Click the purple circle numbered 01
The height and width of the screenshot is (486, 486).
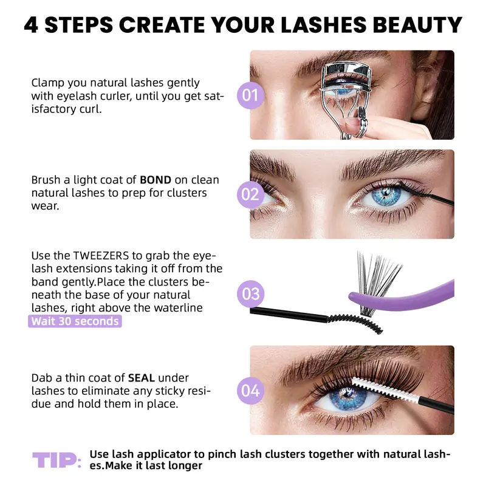(250, 95)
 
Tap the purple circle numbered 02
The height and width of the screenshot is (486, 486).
(250, 194)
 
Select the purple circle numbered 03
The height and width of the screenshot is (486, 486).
(250, 294)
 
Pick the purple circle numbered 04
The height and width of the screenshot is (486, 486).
(250, 391)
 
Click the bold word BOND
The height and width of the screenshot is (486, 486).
(156, 180)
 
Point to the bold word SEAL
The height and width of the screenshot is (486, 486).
(142, 378)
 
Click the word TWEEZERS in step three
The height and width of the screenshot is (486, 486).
(101, 256)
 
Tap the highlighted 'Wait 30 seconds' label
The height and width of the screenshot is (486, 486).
(75, 321)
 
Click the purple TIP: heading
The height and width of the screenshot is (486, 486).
(57, 460)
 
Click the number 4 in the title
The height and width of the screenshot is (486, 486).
(31, 25)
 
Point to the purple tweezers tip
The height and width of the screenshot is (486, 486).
(354, 296)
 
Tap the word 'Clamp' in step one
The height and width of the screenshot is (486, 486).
(47, 83)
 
